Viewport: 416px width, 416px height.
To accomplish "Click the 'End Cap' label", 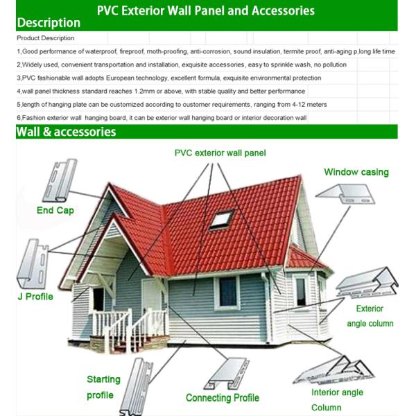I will point(55,210).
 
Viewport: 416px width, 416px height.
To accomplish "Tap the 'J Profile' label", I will point(35,297).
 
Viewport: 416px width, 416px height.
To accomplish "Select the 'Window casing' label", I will point(356,172).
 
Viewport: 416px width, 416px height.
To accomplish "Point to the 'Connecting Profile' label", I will point(222,398).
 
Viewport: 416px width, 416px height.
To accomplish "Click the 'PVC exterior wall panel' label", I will point(220,153).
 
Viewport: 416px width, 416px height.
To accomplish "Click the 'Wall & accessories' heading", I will point(66,132).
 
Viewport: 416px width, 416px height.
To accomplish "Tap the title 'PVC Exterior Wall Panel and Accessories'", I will point(206,10).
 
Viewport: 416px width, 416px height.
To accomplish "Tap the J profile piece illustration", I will point(33,263).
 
